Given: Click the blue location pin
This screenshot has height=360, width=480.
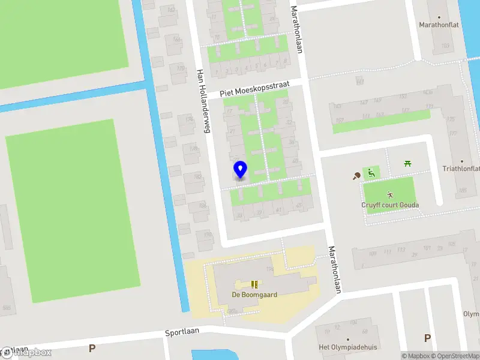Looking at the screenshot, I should [x=240, y=170].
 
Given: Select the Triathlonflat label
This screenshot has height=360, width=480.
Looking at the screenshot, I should [x=461, y=169].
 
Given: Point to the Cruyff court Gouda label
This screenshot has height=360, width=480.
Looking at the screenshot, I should [x=390, y=205].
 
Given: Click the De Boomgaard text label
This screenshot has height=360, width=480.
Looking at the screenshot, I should [x=254, y=295].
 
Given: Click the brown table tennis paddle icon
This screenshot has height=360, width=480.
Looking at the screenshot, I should [x=357, y=176].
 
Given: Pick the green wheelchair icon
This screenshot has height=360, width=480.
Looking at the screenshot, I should [x=371, y=173].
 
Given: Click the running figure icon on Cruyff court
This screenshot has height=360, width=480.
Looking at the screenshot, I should [x=390, y=194].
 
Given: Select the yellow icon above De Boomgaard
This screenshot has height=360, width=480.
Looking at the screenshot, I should [x=254, y=284].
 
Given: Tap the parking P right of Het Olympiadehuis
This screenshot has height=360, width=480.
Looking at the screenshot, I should [x=427, y=338].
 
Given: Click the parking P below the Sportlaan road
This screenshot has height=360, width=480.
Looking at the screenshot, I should [x=92, y=348].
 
